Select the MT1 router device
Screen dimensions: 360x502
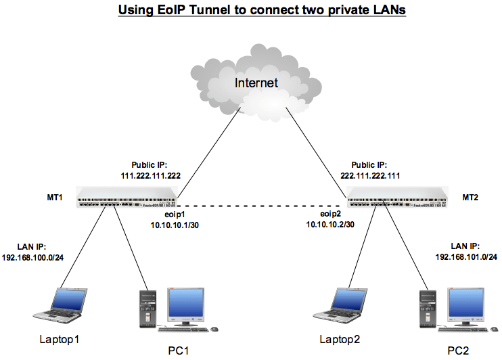click(126, 197)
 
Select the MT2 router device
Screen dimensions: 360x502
click(398, 197)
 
